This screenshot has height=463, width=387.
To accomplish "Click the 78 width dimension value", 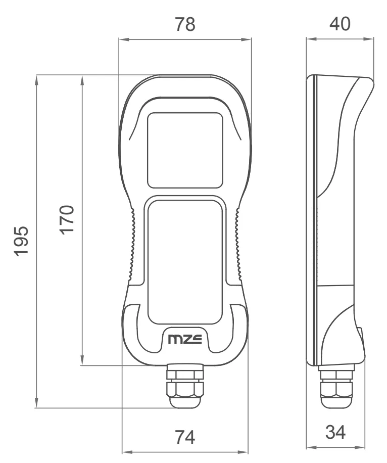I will (184, 24).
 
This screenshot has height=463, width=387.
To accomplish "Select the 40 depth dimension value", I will (340, 24).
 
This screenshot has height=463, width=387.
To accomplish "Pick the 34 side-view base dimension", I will (335, 433).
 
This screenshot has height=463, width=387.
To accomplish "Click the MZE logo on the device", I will (185, 339).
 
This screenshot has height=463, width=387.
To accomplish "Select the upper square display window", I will (185, 150).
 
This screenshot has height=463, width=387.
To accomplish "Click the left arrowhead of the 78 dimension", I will (122, 38).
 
